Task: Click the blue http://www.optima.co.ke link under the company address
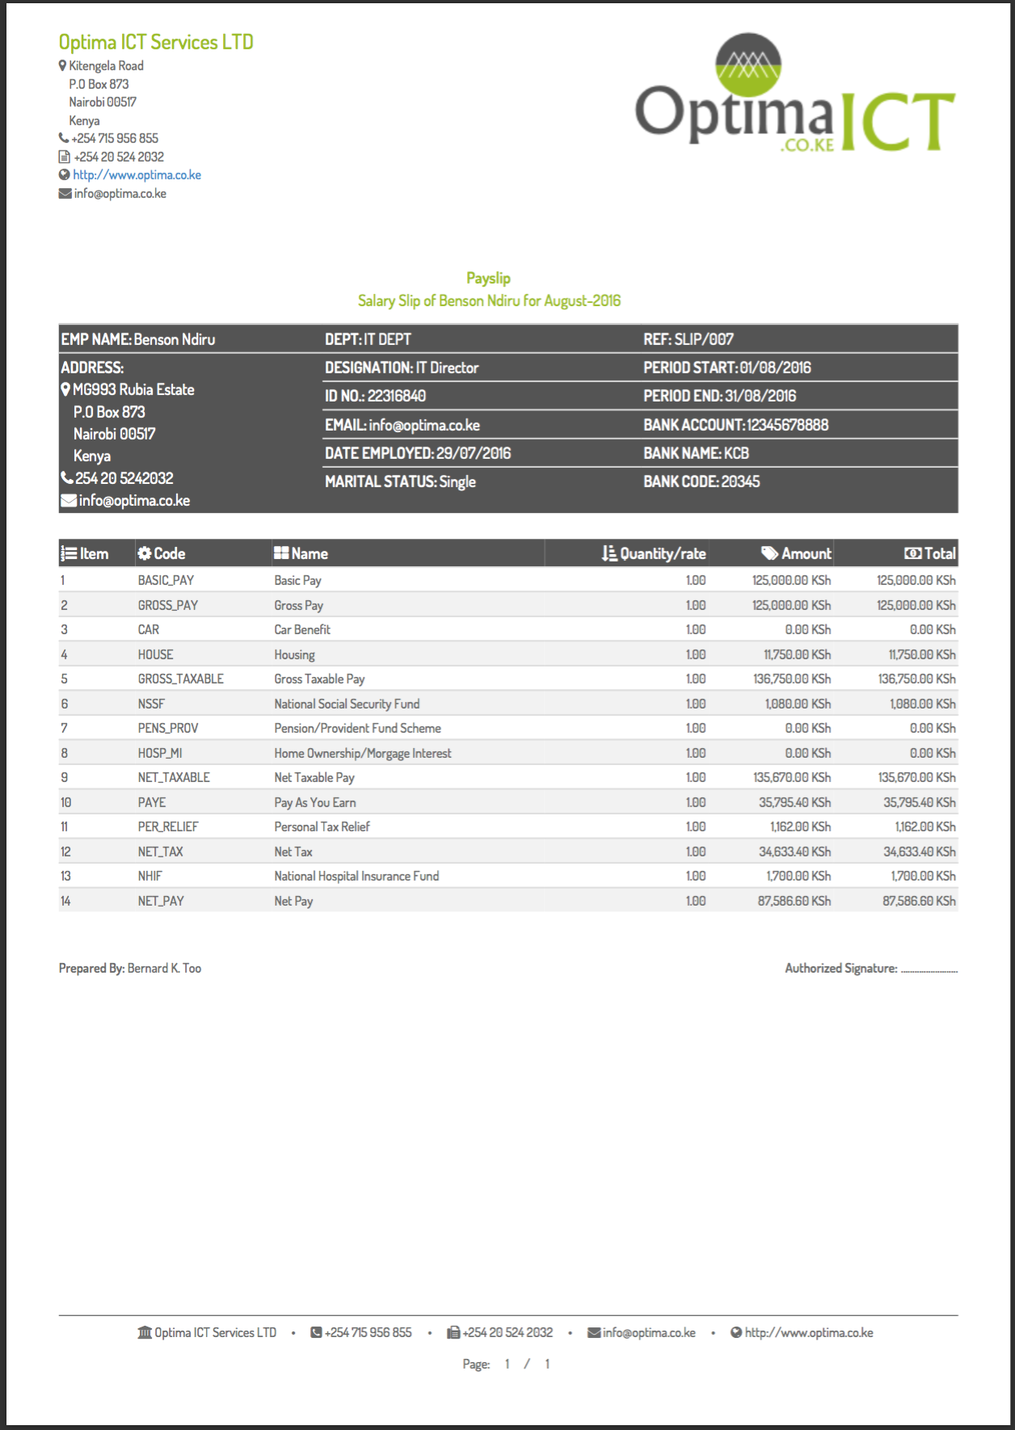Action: coord(137,175)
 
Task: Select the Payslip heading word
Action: coord(488,278)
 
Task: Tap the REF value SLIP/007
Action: coord(704,339)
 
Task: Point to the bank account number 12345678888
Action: coord(787,425)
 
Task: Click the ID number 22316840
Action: coord(396,396)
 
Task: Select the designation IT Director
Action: coord(447,368)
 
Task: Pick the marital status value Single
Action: coord(457,482)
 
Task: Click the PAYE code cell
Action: coord(152,802)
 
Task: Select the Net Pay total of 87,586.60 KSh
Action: coord(918,901)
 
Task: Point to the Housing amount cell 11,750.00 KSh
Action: coord(797,654)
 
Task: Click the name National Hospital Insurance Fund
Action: coord(356,876)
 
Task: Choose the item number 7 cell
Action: coord(65,728)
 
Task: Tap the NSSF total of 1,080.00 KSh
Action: coord(922,704)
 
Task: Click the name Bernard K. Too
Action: coord(164,968)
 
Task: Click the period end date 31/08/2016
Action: coord(760,396)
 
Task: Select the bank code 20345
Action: coord(740,482)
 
